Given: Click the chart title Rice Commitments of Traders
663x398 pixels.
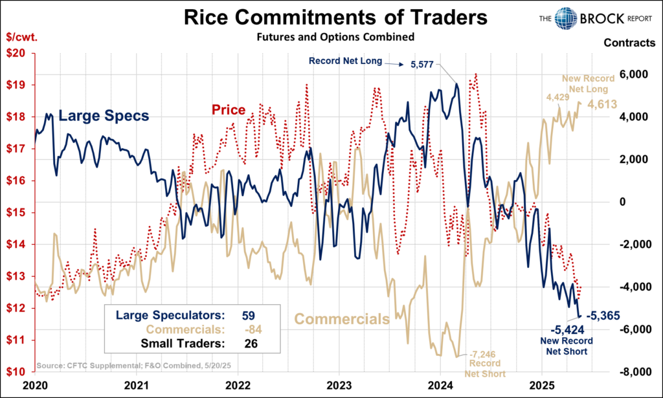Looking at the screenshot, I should pos(331,17).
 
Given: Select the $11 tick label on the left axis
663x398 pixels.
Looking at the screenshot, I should pos(17,340).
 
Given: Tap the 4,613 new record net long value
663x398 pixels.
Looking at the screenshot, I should pos(602,104).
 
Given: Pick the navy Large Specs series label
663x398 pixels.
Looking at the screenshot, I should pos(104,116).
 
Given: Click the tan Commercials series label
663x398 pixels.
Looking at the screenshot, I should pos(342,318).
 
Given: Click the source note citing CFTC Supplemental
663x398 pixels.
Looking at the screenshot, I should pos(116,366).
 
